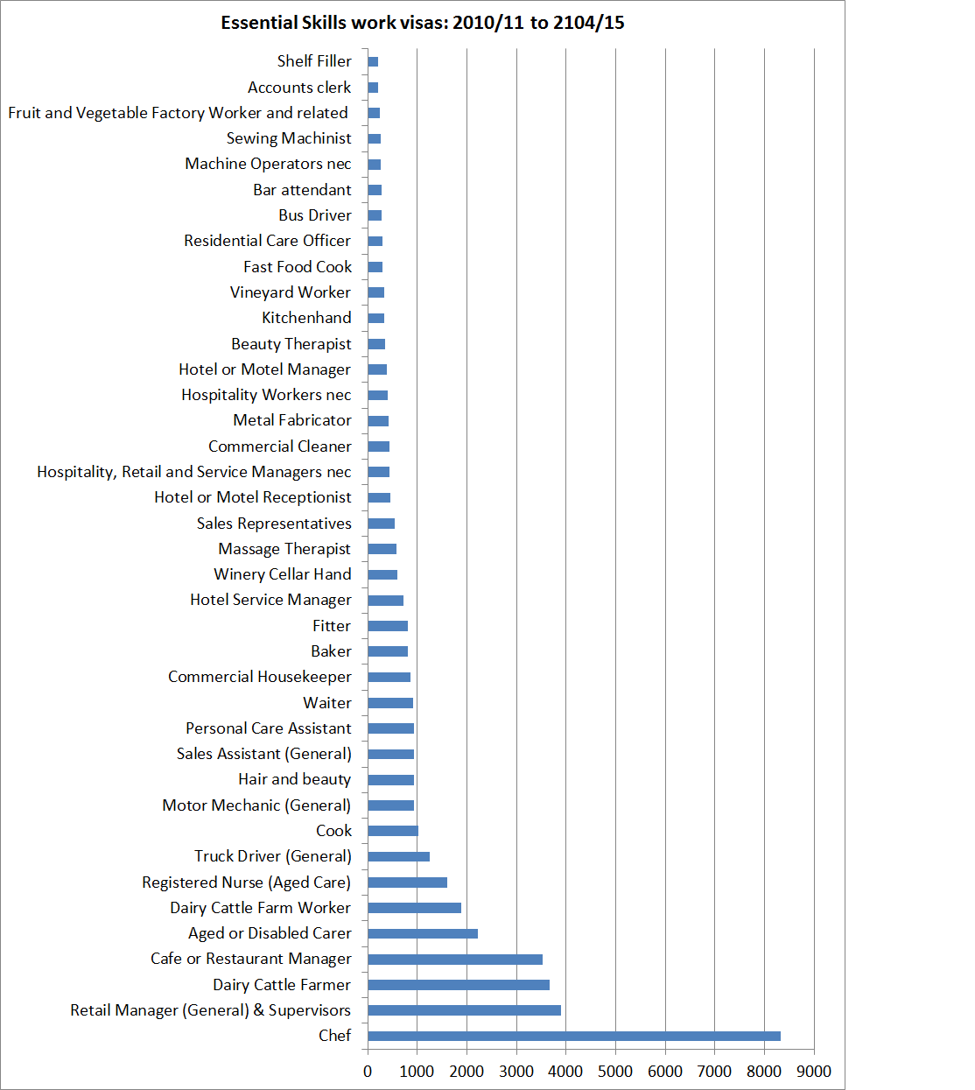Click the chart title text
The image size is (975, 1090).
(423, 23)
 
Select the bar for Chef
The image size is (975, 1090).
(573, 1036)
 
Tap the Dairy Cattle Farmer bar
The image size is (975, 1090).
(459, 985)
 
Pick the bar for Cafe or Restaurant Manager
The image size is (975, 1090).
(455, 960)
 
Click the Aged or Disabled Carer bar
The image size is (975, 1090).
(423, 933)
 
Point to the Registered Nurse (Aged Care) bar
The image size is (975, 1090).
(407, 883)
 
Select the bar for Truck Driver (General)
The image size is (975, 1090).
(398, 856)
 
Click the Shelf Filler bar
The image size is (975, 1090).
(373, 61)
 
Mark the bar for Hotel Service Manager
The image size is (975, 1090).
(385, 601)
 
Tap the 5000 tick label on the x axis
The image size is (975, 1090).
(615, 1072)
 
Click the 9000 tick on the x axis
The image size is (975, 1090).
(814, 1072)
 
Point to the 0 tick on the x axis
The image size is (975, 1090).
(368, 1072)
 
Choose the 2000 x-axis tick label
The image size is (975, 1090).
(466, 1072)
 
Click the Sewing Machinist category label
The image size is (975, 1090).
(289, 138)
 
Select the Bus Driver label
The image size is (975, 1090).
(315, 215)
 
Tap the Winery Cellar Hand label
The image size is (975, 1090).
(283, 574)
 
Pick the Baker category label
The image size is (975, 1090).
(331, 651)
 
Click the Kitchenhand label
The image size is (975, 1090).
(306, 318)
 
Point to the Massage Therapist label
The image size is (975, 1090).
(284, 549)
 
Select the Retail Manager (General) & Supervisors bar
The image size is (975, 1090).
(464, 1010)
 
